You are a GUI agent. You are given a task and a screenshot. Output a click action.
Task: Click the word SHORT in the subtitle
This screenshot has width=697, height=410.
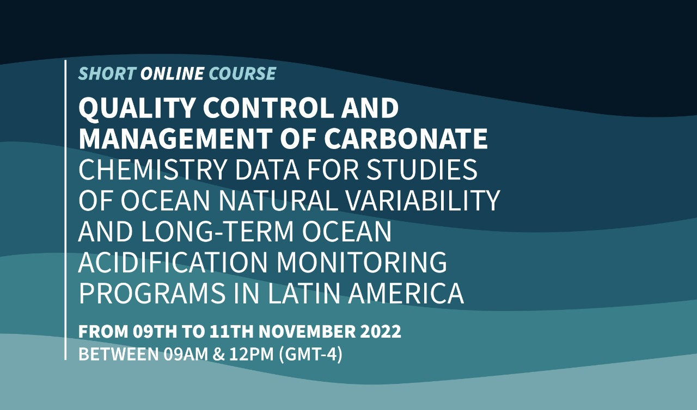click(107, 73)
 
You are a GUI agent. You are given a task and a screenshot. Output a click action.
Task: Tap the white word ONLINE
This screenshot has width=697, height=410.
click(172, 73)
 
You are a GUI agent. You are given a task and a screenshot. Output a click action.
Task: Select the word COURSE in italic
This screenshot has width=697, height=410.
click(242, 73)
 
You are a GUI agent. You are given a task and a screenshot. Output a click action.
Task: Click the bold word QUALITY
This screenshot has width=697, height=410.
click(137, 108)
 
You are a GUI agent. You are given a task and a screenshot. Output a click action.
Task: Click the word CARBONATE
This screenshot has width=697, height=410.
click(406, 138)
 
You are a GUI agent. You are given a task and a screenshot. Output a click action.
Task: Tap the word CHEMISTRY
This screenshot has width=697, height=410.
click(152, 169)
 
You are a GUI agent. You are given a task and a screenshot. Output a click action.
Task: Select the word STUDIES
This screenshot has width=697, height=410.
click(421, 169)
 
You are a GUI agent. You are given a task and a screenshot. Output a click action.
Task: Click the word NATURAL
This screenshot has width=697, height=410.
click(278, 200)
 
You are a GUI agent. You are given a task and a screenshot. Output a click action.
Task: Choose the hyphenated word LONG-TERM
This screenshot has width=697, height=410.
click(217, 232)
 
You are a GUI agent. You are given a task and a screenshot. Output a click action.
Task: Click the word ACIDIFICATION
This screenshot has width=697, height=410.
click(173, 262)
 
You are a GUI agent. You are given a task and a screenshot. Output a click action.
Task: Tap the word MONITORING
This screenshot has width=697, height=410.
click(362, 262)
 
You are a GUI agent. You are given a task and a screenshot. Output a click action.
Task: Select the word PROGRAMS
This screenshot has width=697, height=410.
click(152, 293)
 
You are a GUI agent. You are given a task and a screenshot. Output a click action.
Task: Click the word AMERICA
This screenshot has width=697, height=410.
click(406, 293)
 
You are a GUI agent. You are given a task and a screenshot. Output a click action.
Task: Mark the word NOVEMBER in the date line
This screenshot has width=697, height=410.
click(307, 331)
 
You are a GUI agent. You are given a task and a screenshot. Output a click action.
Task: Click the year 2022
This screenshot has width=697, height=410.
click(381, 331)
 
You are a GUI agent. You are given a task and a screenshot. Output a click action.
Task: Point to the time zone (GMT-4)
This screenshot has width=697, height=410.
click(310, 355)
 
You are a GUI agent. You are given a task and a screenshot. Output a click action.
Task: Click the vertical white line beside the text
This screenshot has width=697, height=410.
click(65, 210)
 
